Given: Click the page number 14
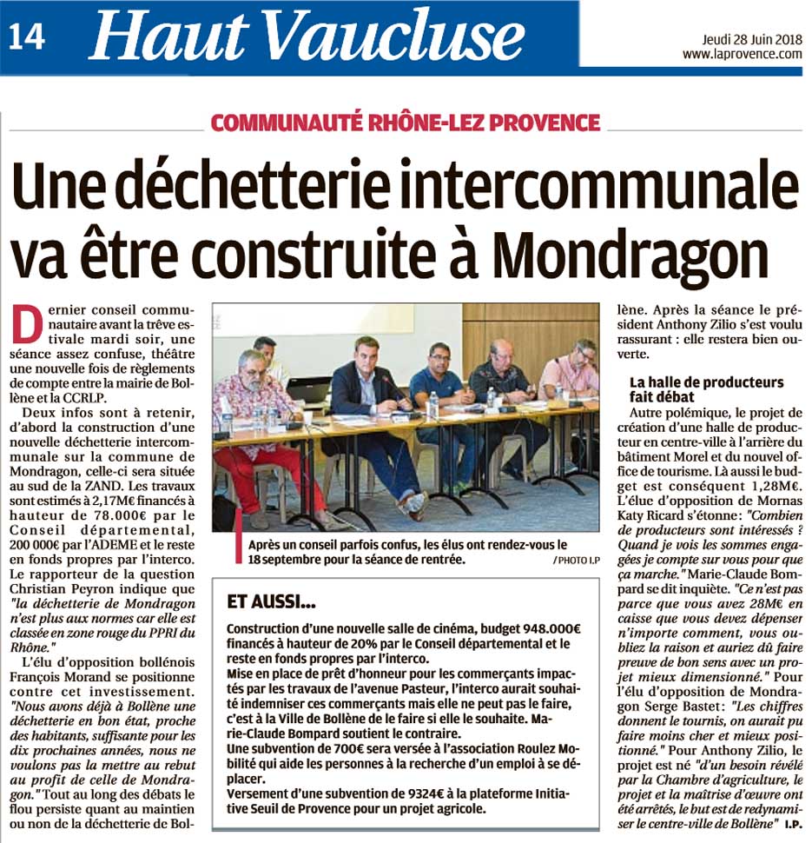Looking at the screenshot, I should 27,36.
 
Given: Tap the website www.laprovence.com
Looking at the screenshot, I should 742,54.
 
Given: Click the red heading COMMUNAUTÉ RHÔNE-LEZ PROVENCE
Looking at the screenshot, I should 405,122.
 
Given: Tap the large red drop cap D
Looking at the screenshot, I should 28,325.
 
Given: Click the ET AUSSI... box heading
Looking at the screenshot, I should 272,601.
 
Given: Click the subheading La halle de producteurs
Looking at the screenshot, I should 706,382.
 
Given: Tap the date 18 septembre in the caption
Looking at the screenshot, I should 289,561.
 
